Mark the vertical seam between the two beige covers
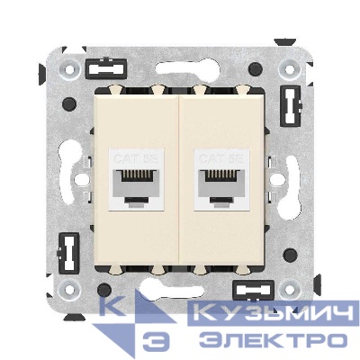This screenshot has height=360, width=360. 181,180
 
